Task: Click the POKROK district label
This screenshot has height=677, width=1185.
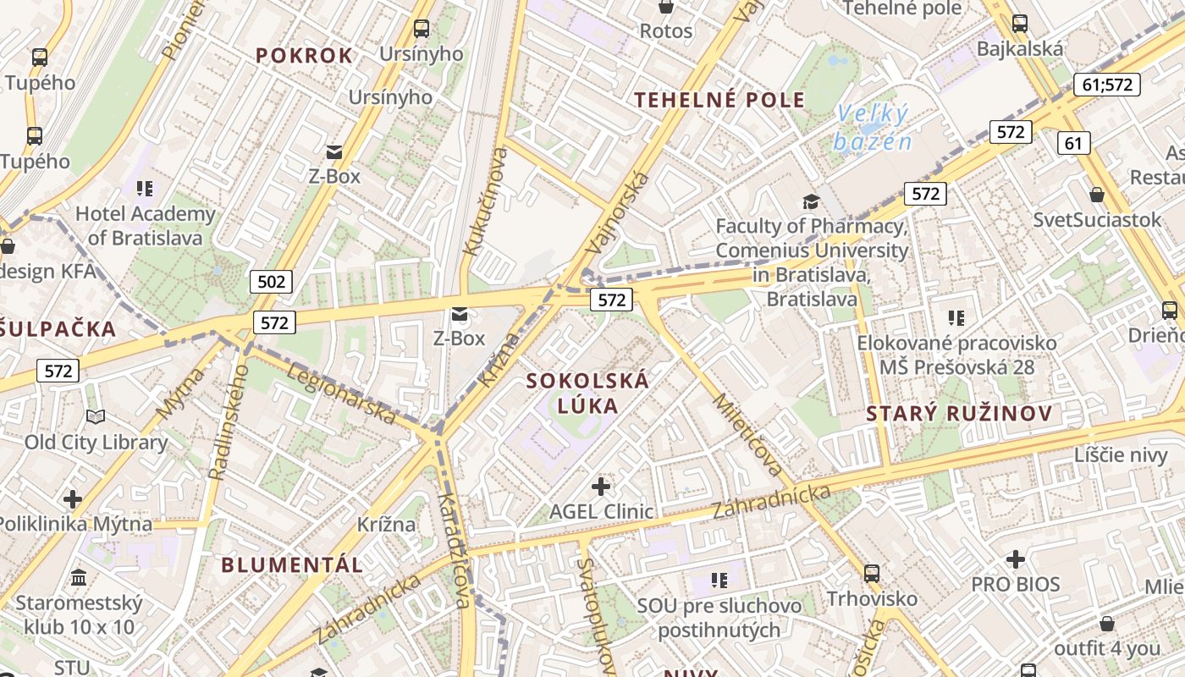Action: (304, 56)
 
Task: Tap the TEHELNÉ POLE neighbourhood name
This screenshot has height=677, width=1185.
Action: (719, 100)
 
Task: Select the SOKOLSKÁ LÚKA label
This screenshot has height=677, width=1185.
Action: (587, 393)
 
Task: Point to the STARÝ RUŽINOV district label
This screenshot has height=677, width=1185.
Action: (959, 414)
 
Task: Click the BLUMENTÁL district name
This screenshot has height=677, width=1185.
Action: (292, 564)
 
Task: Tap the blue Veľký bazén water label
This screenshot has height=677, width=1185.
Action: (872, 127)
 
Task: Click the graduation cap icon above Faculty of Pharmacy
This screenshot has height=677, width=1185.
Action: (811, 201)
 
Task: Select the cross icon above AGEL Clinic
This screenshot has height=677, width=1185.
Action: (601, 487)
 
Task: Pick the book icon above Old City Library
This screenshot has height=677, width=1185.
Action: (96, 416)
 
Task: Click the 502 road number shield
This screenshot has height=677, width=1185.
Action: (271, 281)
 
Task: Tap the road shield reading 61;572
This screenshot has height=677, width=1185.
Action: (1107, 85)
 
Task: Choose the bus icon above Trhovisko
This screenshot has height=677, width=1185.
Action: (871, 573)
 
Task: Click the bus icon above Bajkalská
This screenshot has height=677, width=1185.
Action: (1019, 24)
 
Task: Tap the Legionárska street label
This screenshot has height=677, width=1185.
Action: (342, 394)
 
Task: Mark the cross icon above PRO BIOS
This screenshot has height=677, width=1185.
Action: (1015, 559)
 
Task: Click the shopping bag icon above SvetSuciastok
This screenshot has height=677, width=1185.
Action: (1097, 195)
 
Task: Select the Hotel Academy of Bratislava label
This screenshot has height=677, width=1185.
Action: (145, 225)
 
